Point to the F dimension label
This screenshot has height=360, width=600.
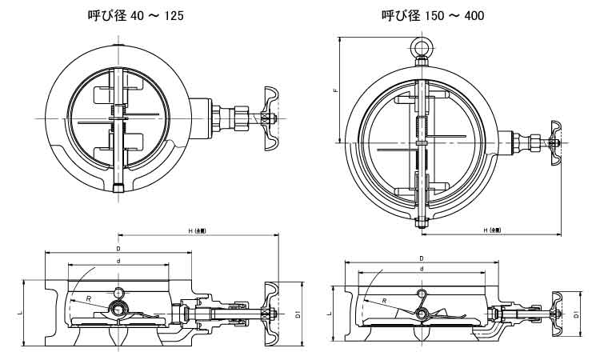coord(337,91)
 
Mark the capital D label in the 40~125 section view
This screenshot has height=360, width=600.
coord(118,249)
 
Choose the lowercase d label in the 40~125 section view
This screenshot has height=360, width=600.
coord(118,261)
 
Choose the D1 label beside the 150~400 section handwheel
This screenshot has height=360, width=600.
coord(577,315)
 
